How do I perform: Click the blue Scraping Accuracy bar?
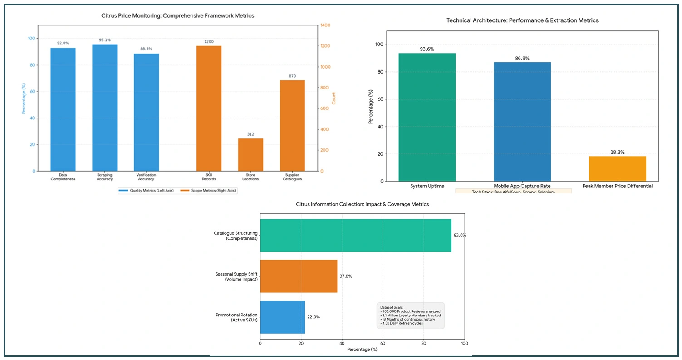click(x=105, y=108)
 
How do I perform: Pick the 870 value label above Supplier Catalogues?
click(x=292, y=76)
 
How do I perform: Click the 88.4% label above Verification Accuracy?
click(x=146, y=49)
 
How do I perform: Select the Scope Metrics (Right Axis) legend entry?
click(x=208, y=191)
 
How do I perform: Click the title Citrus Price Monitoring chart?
click(x=177, y=15)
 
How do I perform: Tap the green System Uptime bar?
click(x=427, y=117)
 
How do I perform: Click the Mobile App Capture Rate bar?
click(x=522, y=122)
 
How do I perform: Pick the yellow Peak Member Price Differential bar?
click(x=617, y=168)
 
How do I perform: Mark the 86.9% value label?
click(x=522, y=59)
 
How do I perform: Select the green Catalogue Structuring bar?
click(x=355, y=235)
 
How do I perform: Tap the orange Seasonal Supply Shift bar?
click(x=299, y=276)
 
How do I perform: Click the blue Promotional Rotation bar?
click(x=282, y=317)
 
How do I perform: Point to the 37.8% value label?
click(x=346, y=276)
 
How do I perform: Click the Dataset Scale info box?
click(x=411, y=315)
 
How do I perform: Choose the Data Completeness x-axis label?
click(x=63, y=177)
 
